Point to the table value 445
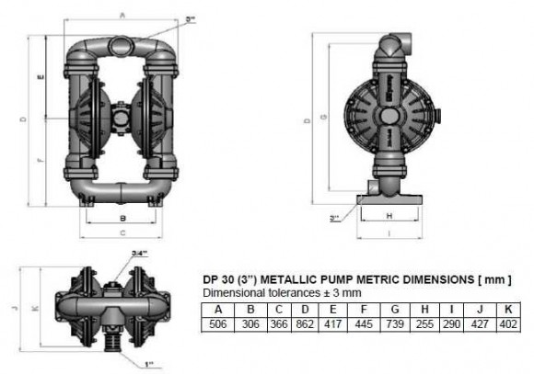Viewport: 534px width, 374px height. [366, 323]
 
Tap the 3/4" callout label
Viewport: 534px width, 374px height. [113, 254]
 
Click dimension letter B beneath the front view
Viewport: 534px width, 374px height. [122, 217]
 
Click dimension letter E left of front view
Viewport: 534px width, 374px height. [43, 78]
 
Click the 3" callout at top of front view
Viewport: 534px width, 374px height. [190, 17]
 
